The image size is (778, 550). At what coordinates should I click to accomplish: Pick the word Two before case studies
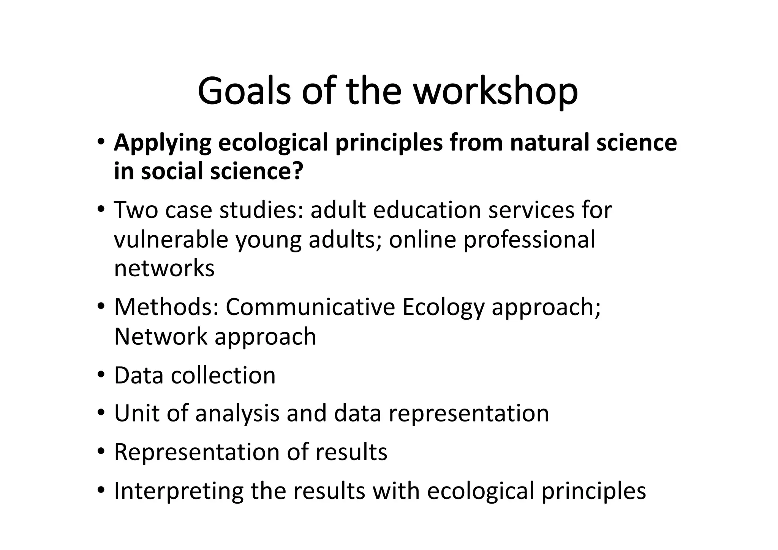click(x=136, y=210)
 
